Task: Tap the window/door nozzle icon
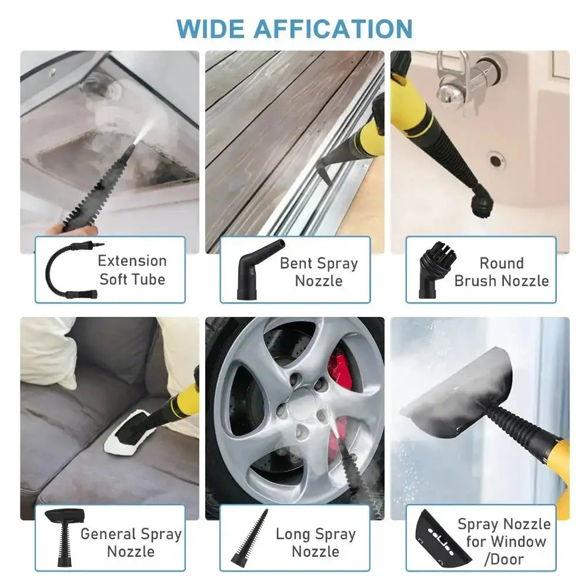tap(435, 538)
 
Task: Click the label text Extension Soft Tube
tap(132, 269)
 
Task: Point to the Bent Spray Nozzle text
tap(319, 272)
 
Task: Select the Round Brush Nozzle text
tap(502, 272)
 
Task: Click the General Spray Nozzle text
tap(131, 543)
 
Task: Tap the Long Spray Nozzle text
tap(316, 543)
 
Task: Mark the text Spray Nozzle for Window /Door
tap(505, 541)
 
